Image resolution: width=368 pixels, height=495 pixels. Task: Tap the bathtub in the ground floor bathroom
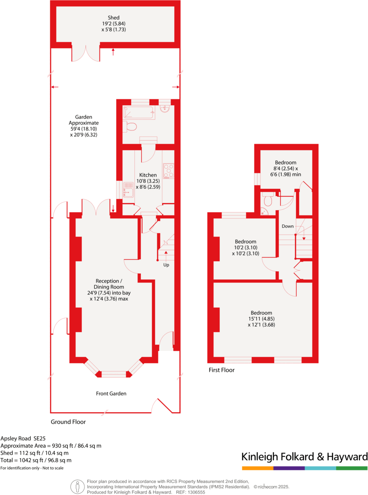click(x=139, y=113)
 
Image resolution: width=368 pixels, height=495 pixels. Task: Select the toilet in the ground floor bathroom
click(x=131, y=126)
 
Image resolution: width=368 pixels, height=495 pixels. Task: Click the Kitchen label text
click(x=148, y=175)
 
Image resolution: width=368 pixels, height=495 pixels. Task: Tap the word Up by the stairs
click(x=166, y=265)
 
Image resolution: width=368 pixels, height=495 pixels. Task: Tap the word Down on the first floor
click(x=287, y=226)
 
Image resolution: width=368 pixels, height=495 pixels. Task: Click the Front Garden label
click(x=111, y=394)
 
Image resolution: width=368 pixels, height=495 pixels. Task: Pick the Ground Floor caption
click(x=68, y=422)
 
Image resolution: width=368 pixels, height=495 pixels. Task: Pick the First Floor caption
click(x=221, y=370)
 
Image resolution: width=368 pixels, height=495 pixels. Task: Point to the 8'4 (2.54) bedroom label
click(x=286, y=168)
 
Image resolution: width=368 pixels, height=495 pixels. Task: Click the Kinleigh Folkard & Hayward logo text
click(x=304, y=457)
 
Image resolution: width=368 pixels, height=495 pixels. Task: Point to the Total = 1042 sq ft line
click(x=36, y=460)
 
